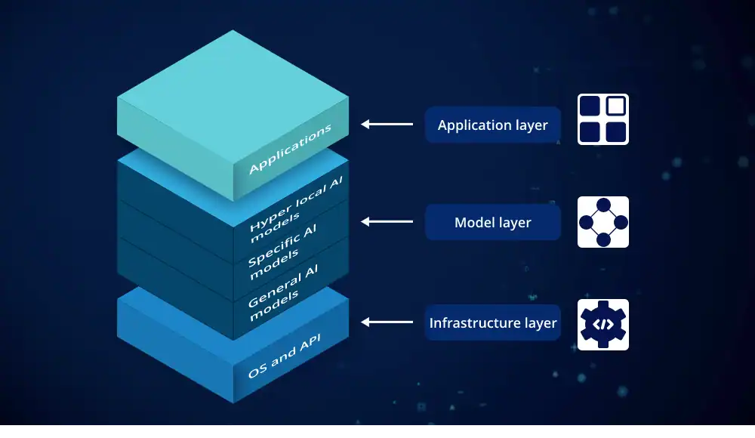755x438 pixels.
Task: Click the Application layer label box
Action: (492, 125)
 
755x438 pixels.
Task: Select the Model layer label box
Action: (492, 223)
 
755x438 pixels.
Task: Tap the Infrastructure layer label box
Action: (492, 322)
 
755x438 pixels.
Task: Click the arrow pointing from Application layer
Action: (387, 124)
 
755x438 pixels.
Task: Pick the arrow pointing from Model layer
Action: (387, 221)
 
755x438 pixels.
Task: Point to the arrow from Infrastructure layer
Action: (387, 322)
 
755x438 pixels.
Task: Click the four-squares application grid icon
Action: (603, 119)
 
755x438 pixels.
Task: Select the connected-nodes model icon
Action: (603, 222)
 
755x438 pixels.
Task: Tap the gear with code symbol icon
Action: (603, 325)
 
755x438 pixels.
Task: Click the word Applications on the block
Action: (290, 150)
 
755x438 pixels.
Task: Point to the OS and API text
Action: (284, 356)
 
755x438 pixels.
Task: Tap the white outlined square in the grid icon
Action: (616, 106)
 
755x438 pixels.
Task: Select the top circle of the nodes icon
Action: (603, 205)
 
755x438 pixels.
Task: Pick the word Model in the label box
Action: (473, 223)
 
